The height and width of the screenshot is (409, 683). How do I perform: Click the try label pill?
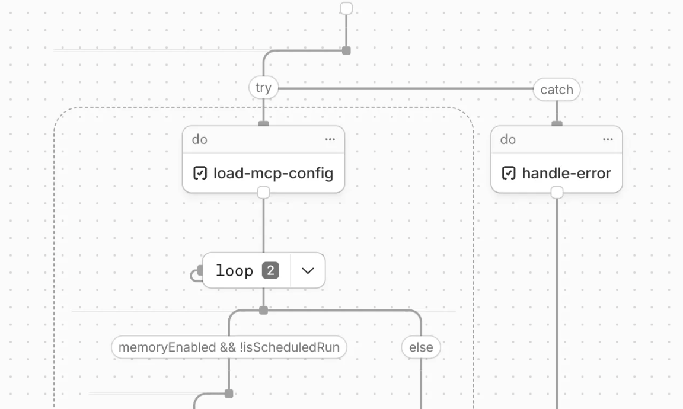pyautogui.click(x=263, y=88)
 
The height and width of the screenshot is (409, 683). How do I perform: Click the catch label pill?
pyautogui.click(x=557, y=90)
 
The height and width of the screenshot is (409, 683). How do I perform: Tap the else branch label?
pyautogui.click(x=421, y=347)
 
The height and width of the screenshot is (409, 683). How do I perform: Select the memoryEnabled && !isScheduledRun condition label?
pyautogui.click(x=229, y=347)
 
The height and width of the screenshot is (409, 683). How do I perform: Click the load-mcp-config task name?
pyautogui.click(x=273, y=174)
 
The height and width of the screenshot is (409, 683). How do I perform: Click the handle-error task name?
pyautogui.click(x=566, y=174)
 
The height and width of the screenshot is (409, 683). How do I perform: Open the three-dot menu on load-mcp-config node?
pyautogui.click(x=330, y=139)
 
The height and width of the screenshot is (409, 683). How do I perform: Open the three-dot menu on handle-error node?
pyautogui.click(x=608, y=139)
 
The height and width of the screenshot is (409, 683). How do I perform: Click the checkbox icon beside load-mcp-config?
pyautogui.click(x=200, y=174)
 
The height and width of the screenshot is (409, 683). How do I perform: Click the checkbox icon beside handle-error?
pyautogui.click(x=509, y=174)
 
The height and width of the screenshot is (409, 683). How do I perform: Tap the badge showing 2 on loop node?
pyautogui.click(x=270, y=271)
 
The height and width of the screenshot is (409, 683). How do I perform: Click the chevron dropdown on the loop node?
pyautogui.click(x=308, y=271)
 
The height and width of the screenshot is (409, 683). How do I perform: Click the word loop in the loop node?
pyautogui.click(x=234, y=271)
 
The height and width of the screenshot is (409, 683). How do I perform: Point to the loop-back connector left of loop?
pyautogui.click(x=195, y=274)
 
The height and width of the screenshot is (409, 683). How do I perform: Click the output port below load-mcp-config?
pyautogui.click(x=263, y=193)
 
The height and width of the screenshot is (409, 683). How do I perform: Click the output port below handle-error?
pyautogui.click(x=557, y=193)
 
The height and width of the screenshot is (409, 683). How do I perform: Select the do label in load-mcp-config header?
pyautogui.click(x=200, y=140)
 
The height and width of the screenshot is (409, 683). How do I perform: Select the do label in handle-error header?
pyautogui.click(x=508, y=140)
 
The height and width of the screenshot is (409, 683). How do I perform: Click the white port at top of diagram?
pyautogui.click(x=346, y=8)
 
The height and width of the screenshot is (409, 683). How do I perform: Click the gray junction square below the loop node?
pyautogui.click(x=263, y=311)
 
